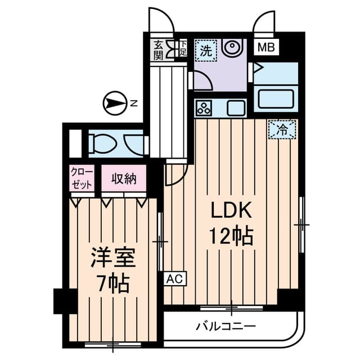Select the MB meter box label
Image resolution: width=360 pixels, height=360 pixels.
click(x=265, y=48)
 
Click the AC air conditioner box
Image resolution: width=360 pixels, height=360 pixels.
click(x=174, y=278)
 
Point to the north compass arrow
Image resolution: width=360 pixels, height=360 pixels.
click(x=115, y=103)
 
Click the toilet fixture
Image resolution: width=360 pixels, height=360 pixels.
click(x=104, y=145)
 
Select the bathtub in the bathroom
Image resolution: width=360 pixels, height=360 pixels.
click(x=276, y=100)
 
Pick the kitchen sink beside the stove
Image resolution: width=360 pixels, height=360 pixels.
click(x=235, y=107)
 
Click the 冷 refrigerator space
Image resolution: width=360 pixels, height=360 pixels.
click(x=281, y=130)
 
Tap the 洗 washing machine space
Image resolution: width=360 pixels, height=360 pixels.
click(x=206, y=50)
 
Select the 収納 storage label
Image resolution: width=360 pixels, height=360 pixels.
click(x=124, y=179)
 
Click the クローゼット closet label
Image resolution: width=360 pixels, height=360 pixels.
click(x=82, y=179)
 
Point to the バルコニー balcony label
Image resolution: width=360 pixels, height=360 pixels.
click(x=226, y=326)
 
